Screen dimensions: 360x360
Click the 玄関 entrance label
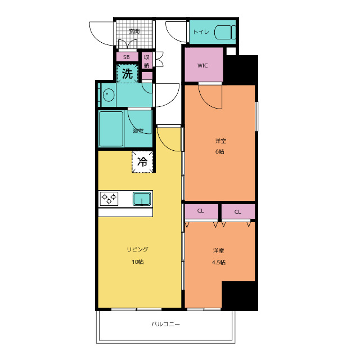tap(134, 31)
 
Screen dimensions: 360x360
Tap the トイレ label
tap(201, 32)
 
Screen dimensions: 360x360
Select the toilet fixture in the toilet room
tap(225, 32)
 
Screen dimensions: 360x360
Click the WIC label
tap(202, 66)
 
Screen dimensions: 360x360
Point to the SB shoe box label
tap(127, 57)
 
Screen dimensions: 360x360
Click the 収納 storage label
tap(147, 61)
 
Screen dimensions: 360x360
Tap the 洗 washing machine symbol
tap(128, 74)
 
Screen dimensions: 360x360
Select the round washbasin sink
tap(109, 95)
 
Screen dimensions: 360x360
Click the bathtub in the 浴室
tap(111, 129)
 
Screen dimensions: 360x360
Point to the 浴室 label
tap(138, 131)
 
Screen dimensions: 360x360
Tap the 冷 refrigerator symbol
tap(142, 161)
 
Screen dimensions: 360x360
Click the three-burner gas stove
tap(109, 199)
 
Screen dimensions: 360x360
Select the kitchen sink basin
tap(142, 199)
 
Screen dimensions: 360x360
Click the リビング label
tap(138, 249)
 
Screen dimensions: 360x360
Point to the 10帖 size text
tap(138, 262)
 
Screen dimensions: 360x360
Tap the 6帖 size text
tap(220, 151)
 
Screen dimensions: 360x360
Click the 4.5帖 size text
tap(219, 262)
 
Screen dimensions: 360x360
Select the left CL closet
tap(201, 211)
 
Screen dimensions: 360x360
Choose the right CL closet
tap(238, 211)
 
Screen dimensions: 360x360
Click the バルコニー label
tap(165, 324)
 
